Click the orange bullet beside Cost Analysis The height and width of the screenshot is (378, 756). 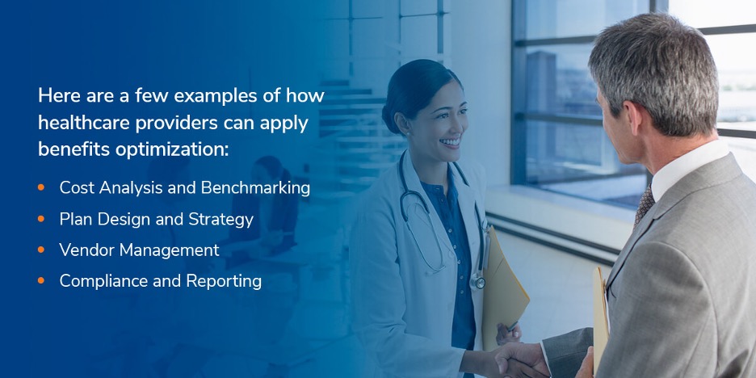pyautogui.click(x=41, y=187)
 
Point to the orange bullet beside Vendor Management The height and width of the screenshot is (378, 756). pyautogui.click(x=41, y=250)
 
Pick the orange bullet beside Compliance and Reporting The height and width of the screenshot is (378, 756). pyautogui.click(x=41, y=280)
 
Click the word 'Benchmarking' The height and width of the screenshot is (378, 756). pyautogui.click(x=255, y=188)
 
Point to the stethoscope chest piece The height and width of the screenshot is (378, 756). pyautogui.click(x=478, y=281)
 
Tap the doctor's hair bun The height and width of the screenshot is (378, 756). pyautogui.click(x=388, y=118)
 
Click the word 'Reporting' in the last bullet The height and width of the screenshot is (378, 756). pyautogui.click(x=225, y=282)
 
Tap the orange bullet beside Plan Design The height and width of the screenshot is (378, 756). pyautogui.click(x=41, y=218)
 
